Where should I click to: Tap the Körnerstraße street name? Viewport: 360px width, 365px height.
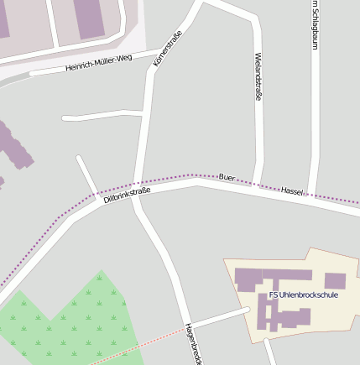pos(168,49)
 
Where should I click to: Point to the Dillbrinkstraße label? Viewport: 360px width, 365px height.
pos(127,196)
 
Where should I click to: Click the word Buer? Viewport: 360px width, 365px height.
pos(227,177)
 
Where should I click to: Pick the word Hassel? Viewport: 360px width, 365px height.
pos(292,192)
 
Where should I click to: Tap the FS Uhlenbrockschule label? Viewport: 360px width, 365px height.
pos(303,295)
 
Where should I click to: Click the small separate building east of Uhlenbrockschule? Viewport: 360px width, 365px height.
pos(335,280)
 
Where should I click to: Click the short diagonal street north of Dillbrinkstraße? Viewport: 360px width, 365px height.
pos(87,175)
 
